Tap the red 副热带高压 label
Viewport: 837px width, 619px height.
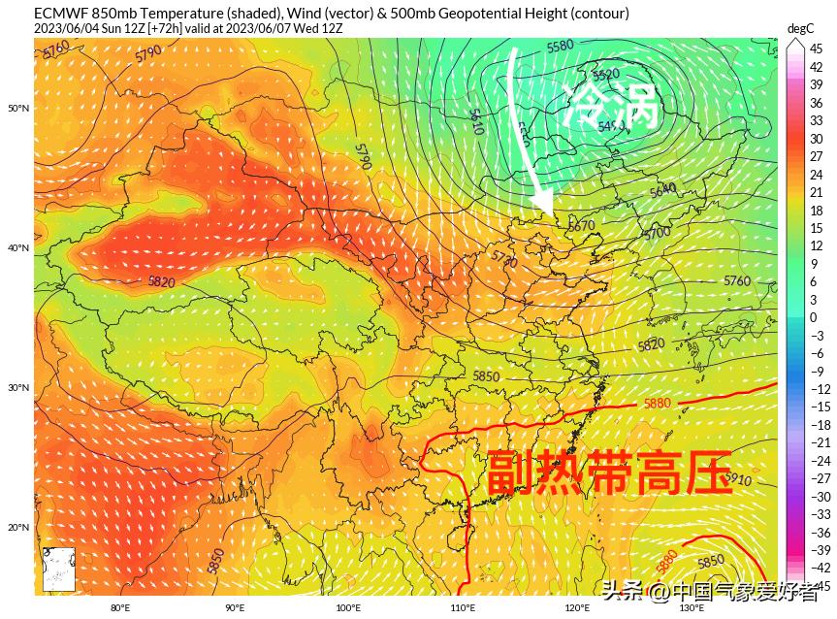pyautogui.click(x=608, y=473)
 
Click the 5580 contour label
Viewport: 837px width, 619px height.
pyautogui.click(x=561, y=47)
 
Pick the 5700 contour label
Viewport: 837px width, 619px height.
pyautogui.click(x=657, y=233)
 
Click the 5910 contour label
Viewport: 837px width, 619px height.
pyautogui.click(x=737, y=479)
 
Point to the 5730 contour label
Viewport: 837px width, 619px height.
pyautogui.click(x=504, y=259)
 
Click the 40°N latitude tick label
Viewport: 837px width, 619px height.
pyautogui.click(x=19, y=247)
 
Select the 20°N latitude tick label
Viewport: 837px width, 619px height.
pyautogui.click(x=19, y=528)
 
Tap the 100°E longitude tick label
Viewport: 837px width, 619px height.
pyautogui.click(x=348, y=608)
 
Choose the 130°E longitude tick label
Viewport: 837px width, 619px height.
pyautogui.click(x=691, y=608)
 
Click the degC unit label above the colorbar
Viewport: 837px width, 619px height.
pyautogui.click(x=799, y=28)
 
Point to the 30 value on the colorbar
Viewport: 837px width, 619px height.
pyautogui.click(x=817, y=139)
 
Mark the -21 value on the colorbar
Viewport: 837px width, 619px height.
pyautogui.click(x=820, y=442)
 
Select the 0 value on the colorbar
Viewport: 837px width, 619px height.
pyautogui.click(x=814, y=317)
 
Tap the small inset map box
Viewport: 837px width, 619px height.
pyautogui.click(x=59, y=569)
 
